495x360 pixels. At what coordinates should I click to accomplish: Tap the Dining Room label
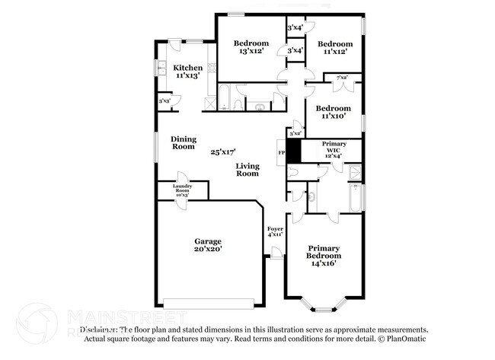tap(183, 142)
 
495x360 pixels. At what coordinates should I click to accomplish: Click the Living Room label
tap(247, 170)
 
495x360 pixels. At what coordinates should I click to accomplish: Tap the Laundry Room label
tap(181, 190)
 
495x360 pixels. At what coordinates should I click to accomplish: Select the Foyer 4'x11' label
tap(276, 231)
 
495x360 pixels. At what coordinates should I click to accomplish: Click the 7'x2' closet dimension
tap(342, 78)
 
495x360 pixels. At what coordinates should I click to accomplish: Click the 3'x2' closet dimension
tap(295, 133)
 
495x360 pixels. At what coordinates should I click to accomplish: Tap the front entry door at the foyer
tap(275, 257)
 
